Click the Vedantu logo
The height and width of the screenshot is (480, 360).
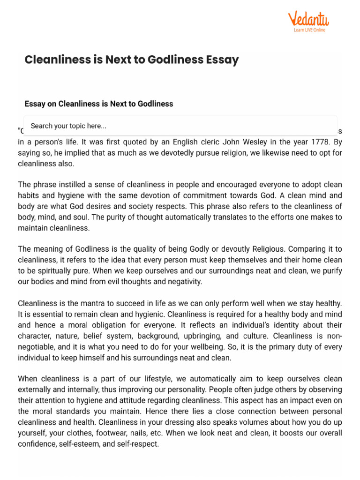(308, 19)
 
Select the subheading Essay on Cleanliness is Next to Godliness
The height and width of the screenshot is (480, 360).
(99, 104)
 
